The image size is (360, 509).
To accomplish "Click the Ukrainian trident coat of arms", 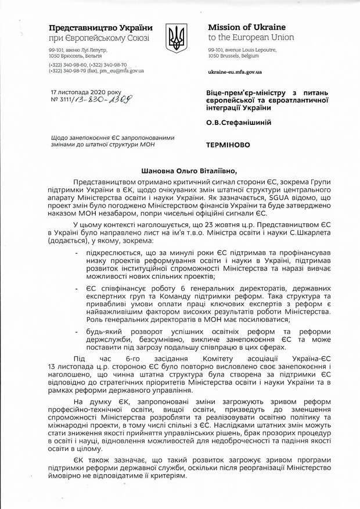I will pos(177,39).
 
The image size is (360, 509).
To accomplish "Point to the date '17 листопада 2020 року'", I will pos(85,92).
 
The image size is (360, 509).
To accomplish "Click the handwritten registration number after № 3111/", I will pos(110,100).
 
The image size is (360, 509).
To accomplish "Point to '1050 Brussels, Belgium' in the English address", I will pos(233,56).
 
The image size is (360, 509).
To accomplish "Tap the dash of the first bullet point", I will pos(78,254).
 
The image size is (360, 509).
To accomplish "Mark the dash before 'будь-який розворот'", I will pos(78,330).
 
